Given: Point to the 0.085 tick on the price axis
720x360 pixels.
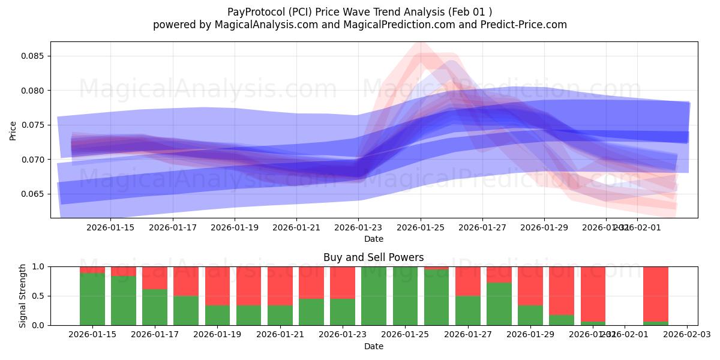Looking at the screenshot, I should tap(33, 56).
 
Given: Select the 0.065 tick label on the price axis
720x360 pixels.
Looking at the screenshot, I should tap(33, 194).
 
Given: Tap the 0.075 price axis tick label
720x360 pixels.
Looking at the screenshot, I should tap(33, 125).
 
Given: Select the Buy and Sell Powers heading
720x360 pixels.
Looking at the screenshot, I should tap(373, 257).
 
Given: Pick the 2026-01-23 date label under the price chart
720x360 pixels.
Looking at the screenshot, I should tap(358, 227).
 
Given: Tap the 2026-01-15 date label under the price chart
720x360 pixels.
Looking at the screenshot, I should tap(110, 227).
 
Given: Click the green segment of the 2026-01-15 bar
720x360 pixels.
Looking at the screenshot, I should tap(92, 299).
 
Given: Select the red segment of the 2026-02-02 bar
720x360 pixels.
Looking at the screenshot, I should tap(655, 293).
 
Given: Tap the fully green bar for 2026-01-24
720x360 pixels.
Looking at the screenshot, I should tap(374, 296).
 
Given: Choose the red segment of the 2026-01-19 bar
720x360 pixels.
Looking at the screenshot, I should tap(217, 286).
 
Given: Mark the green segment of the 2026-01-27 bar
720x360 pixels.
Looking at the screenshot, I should tap(468, 310).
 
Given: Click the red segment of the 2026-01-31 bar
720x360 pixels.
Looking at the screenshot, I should tap(593, 293).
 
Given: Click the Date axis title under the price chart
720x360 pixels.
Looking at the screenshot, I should tap(373, 239).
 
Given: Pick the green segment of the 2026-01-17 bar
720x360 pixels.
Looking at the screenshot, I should tap(155, 307).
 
